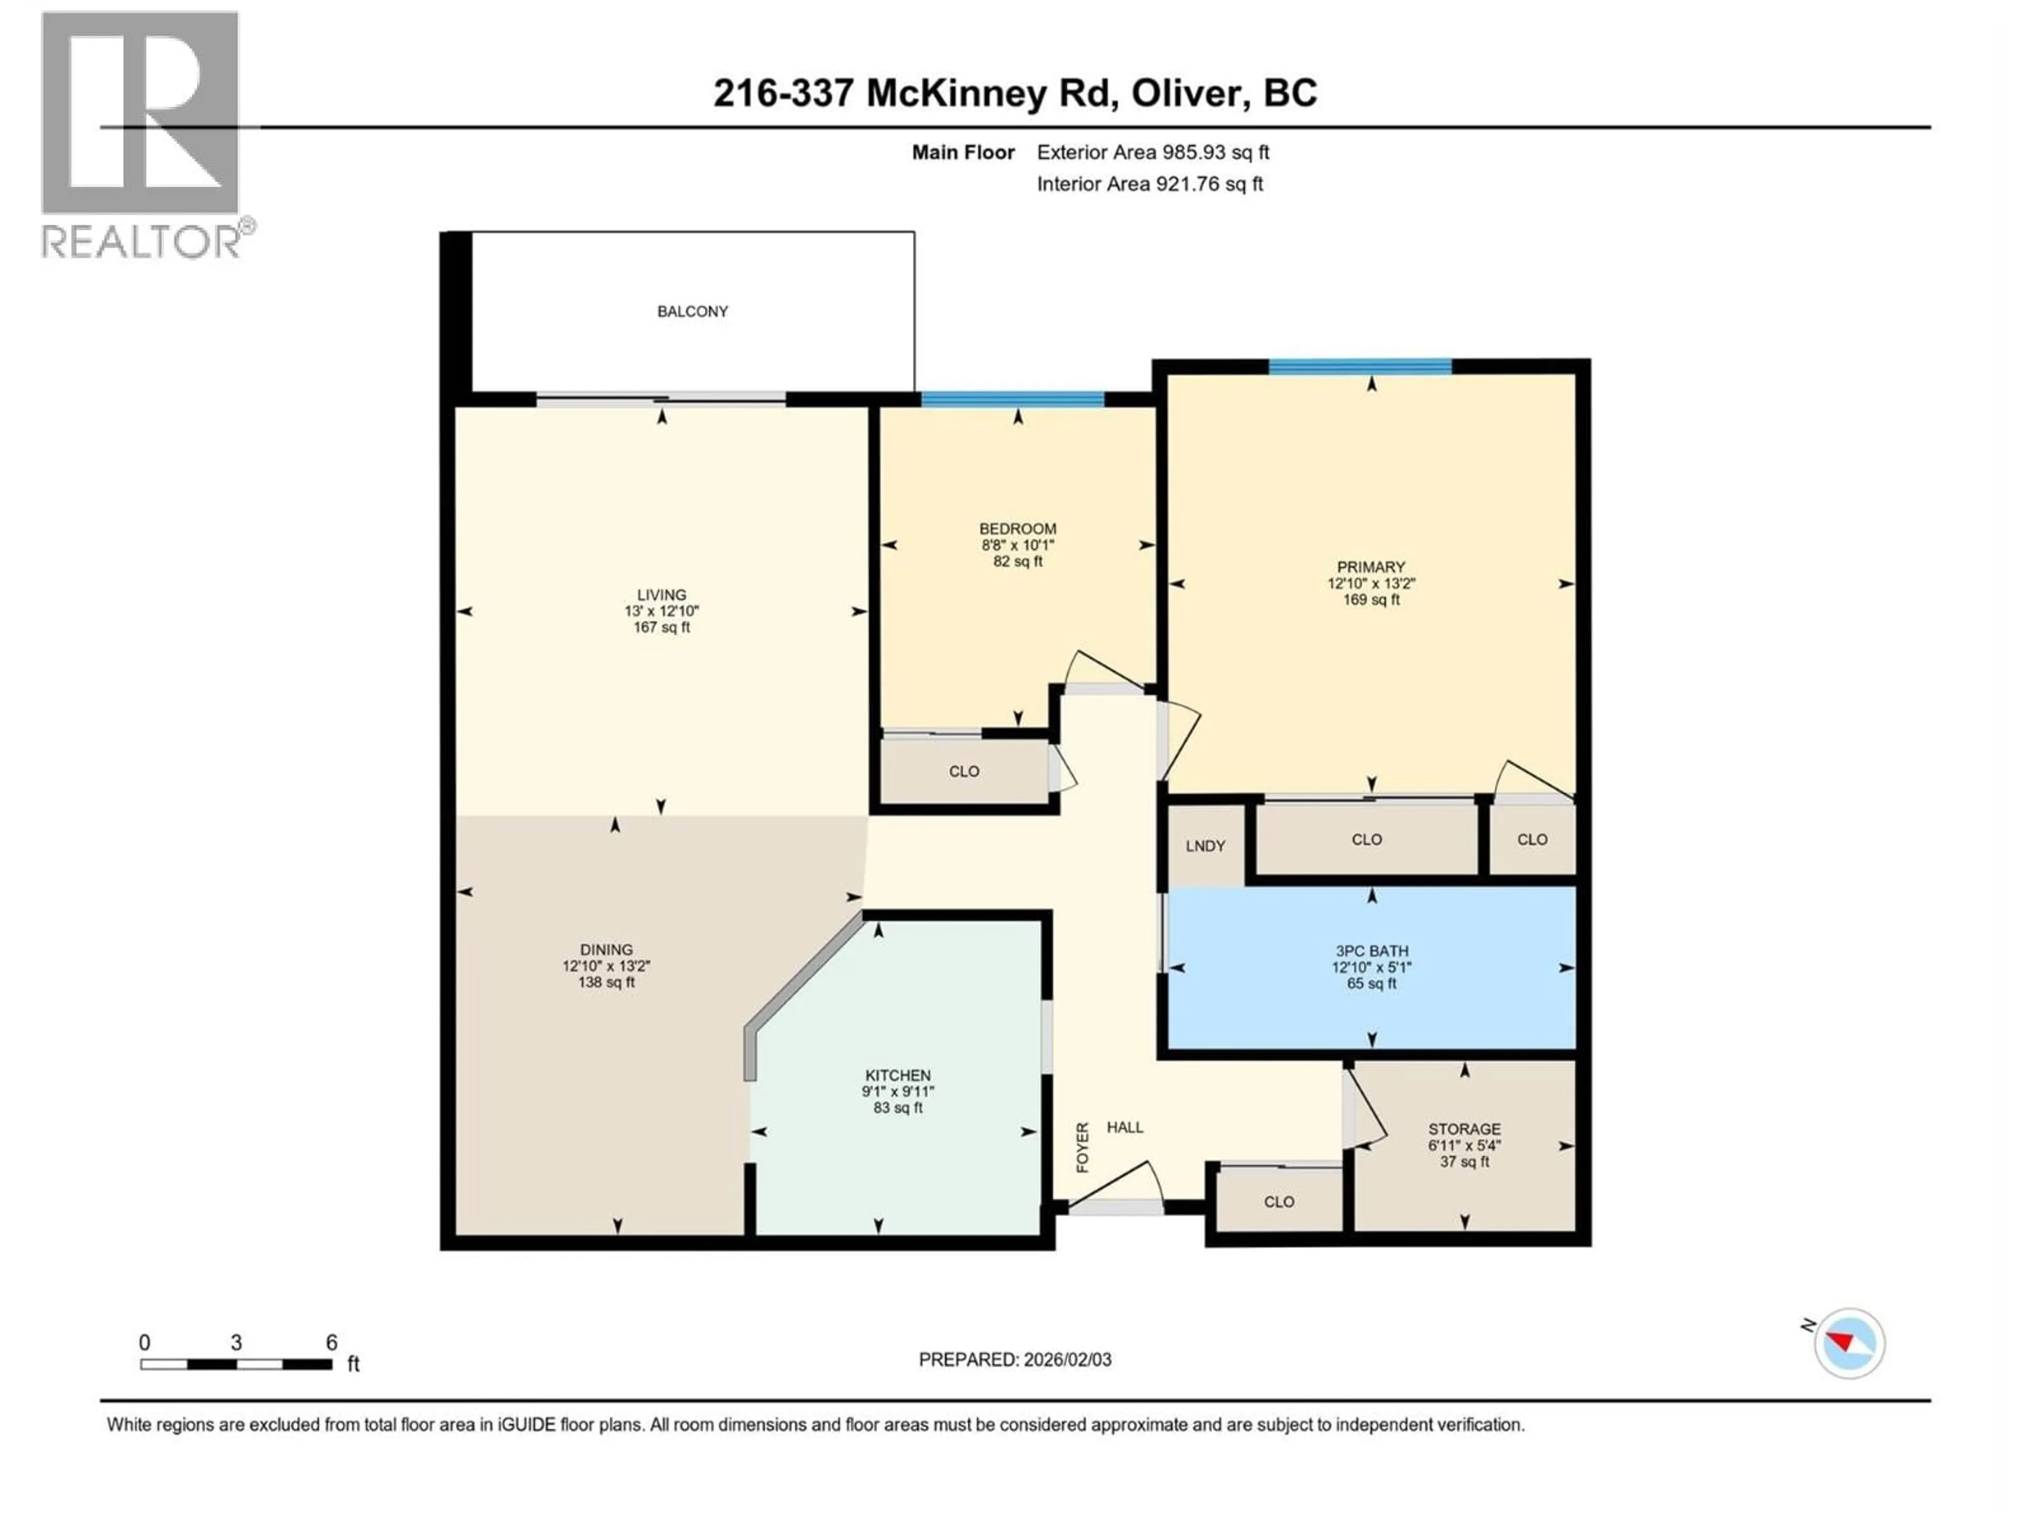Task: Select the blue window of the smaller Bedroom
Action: pos(1012,398)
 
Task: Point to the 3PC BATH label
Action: pos(1372,951)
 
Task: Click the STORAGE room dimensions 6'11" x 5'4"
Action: pos(1464,1146)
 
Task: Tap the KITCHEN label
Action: pos(897,1075)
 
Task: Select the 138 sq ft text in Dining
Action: pos(606,982)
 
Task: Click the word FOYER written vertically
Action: pos(1082,1147)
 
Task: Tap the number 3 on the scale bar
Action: pos(236,1342)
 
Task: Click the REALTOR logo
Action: pos(142,133)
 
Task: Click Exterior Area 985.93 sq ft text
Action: pos(1153,152)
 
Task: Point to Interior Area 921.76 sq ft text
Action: pos(1149,184)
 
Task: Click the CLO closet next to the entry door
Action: pos(1278,1202)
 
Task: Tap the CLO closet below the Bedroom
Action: pos(964,772)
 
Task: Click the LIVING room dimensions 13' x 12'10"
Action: pos(661,611)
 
